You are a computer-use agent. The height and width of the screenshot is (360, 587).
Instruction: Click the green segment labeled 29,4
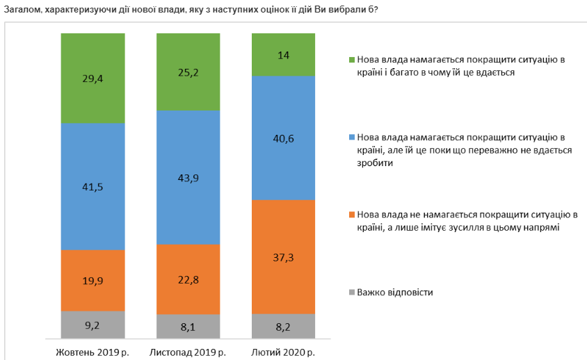(93, 78)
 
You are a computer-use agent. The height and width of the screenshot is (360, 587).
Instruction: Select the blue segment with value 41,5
(93, 186)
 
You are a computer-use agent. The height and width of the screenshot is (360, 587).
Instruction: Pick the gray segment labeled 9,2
(93, 324)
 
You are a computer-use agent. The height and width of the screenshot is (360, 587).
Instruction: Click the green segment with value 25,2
(188, 72)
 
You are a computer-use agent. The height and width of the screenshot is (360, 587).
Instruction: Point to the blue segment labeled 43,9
(188, 178)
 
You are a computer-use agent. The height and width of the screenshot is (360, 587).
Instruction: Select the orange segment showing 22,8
(188, 279)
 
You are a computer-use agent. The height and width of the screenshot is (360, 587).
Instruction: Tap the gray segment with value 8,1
(188, 325)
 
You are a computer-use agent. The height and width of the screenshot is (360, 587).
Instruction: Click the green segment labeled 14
(283, 54)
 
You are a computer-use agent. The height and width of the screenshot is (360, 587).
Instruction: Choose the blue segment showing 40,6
(283, 138)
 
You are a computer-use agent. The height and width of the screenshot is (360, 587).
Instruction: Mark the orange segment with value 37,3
(283, 256)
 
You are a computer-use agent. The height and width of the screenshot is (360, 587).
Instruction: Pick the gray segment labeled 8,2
(283, 325)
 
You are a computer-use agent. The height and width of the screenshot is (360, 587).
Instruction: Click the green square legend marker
(351, 60)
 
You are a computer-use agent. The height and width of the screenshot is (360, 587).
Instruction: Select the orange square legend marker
(351, 214)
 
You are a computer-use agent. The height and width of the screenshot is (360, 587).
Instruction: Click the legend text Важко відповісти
(395, 292)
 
